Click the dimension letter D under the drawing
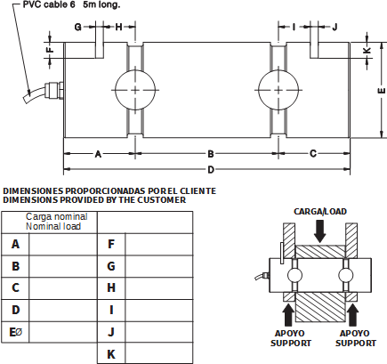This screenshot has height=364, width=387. click(x=211, y=170)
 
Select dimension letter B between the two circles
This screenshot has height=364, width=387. click(x=211, y=154)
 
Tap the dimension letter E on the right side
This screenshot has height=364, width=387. click(x=383, y=91)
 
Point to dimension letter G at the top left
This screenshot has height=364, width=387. click(x=77, y=28)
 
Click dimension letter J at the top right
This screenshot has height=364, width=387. click(x=335, y=28)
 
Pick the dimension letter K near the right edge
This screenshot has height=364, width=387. click(x=367, y=50)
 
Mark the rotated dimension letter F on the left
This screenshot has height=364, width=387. click(x=50, y=50)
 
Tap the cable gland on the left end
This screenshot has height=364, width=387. click(x=53, y=90)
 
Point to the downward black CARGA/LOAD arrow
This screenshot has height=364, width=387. click(x=320, y=231)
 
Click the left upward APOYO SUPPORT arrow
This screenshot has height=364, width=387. click(x=289, y=316)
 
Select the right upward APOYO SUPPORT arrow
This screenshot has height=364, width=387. click(x=352, y=316)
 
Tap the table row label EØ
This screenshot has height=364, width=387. click(x=16, y=332)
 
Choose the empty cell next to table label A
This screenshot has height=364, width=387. click(x=63, y=244)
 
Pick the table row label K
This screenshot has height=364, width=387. click(x=111, y=354)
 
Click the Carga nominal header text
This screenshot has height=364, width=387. click(x=57, y=216)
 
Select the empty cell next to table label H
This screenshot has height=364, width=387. click(x=159, y=288)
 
